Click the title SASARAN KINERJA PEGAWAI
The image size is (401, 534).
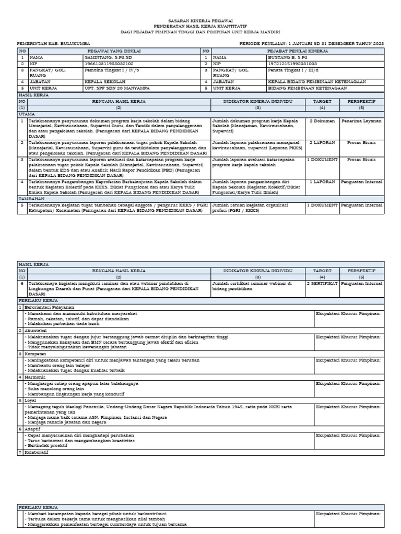[x=200, y=19]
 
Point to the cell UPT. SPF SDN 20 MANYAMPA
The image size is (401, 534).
[x=118, y=88]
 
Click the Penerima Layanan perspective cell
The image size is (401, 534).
[x=361, y=120]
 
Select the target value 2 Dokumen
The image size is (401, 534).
[x=322, y=120]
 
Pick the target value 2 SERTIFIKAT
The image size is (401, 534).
[x=322, y=284]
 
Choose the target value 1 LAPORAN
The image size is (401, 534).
[x=322, y=182]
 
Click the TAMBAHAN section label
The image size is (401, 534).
[x=31, y=199]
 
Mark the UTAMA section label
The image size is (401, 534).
[x=27, y=114]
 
